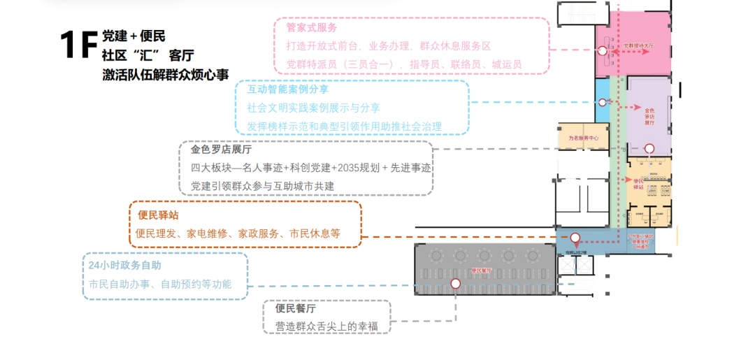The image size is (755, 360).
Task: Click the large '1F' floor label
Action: pos(78,45)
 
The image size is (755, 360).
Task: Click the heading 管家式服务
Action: pos(312,28)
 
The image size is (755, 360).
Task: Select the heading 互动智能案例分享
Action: pos(288,89)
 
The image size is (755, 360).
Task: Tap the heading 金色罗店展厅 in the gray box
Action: pos(221,150)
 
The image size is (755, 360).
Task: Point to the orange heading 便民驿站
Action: pos(158,215)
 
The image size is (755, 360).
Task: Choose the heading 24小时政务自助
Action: pos(124,266)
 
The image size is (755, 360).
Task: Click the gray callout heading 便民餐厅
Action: pos(296,308)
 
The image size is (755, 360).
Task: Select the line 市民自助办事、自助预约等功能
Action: pos(159,285)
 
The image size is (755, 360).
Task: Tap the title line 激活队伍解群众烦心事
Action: pos(165,75)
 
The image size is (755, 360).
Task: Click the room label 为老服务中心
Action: pos(583,138)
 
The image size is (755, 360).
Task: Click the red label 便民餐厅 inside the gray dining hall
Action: pos(482,270)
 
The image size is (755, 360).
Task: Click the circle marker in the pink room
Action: pos(602,51)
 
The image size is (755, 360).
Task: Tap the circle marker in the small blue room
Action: pos(603,103)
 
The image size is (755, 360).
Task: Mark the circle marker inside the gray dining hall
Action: pos(456,283)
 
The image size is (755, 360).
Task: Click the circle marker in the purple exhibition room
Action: pos(649,148)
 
